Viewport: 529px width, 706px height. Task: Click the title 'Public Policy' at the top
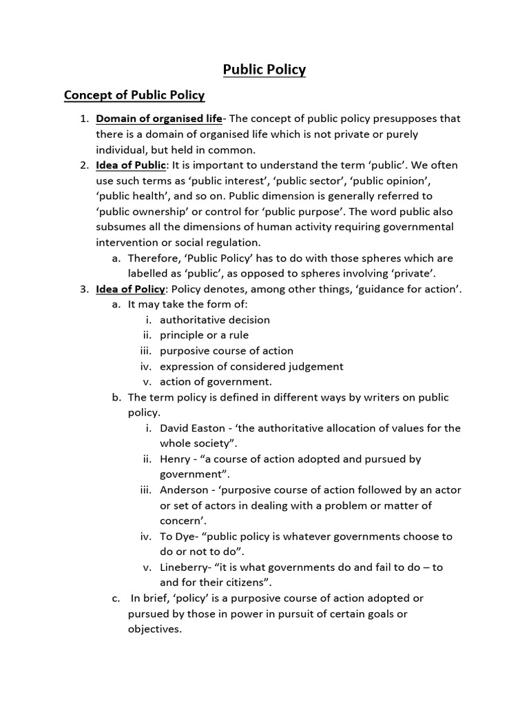click(264, 70)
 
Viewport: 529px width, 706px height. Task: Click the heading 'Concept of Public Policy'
click(134, 95)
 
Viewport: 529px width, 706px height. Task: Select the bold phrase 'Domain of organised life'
click(158, 119)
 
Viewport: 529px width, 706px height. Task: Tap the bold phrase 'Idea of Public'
click(131, 165)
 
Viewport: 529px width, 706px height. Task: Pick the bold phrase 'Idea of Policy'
click(130, 289)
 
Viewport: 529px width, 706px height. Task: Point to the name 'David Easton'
click(192, 428)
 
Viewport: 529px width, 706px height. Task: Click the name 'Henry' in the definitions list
click(175, 458)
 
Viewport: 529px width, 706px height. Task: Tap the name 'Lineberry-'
click(187, 567)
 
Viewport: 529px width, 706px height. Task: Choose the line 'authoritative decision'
click(215, 320)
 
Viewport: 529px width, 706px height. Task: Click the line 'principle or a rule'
click(205, 335)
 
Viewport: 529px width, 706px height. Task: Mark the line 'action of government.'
click(216, 381)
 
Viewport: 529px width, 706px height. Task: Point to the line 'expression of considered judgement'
click(251, 366)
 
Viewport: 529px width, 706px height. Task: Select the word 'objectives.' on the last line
click(155, 629)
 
